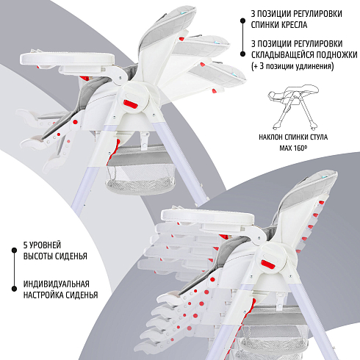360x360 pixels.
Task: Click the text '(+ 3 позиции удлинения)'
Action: [292, 66]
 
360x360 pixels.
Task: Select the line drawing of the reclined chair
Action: [293, 107]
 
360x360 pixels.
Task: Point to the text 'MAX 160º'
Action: [293, 148]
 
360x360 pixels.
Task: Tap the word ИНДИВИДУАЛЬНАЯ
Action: [57, 284]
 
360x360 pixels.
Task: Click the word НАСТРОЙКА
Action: [42, 295]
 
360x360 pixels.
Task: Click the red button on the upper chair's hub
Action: [130, 104]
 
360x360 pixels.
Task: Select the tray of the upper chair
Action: [68, 59]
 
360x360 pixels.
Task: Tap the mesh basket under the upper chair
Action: [141, 169]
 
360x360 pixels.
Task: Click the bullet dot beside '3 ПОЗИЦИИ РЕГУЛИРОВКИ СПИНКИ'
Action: [242, 21]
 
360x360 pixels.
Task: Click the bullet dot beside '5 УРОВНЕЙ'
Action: [14, 250]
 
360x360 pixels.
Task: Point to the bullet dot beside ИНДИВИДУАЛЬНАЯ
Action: [14, 289]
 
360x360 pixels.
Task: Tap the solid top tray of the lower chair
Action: [208, 216]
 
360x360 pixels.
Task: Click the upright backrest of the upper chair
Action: [168, 37]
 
